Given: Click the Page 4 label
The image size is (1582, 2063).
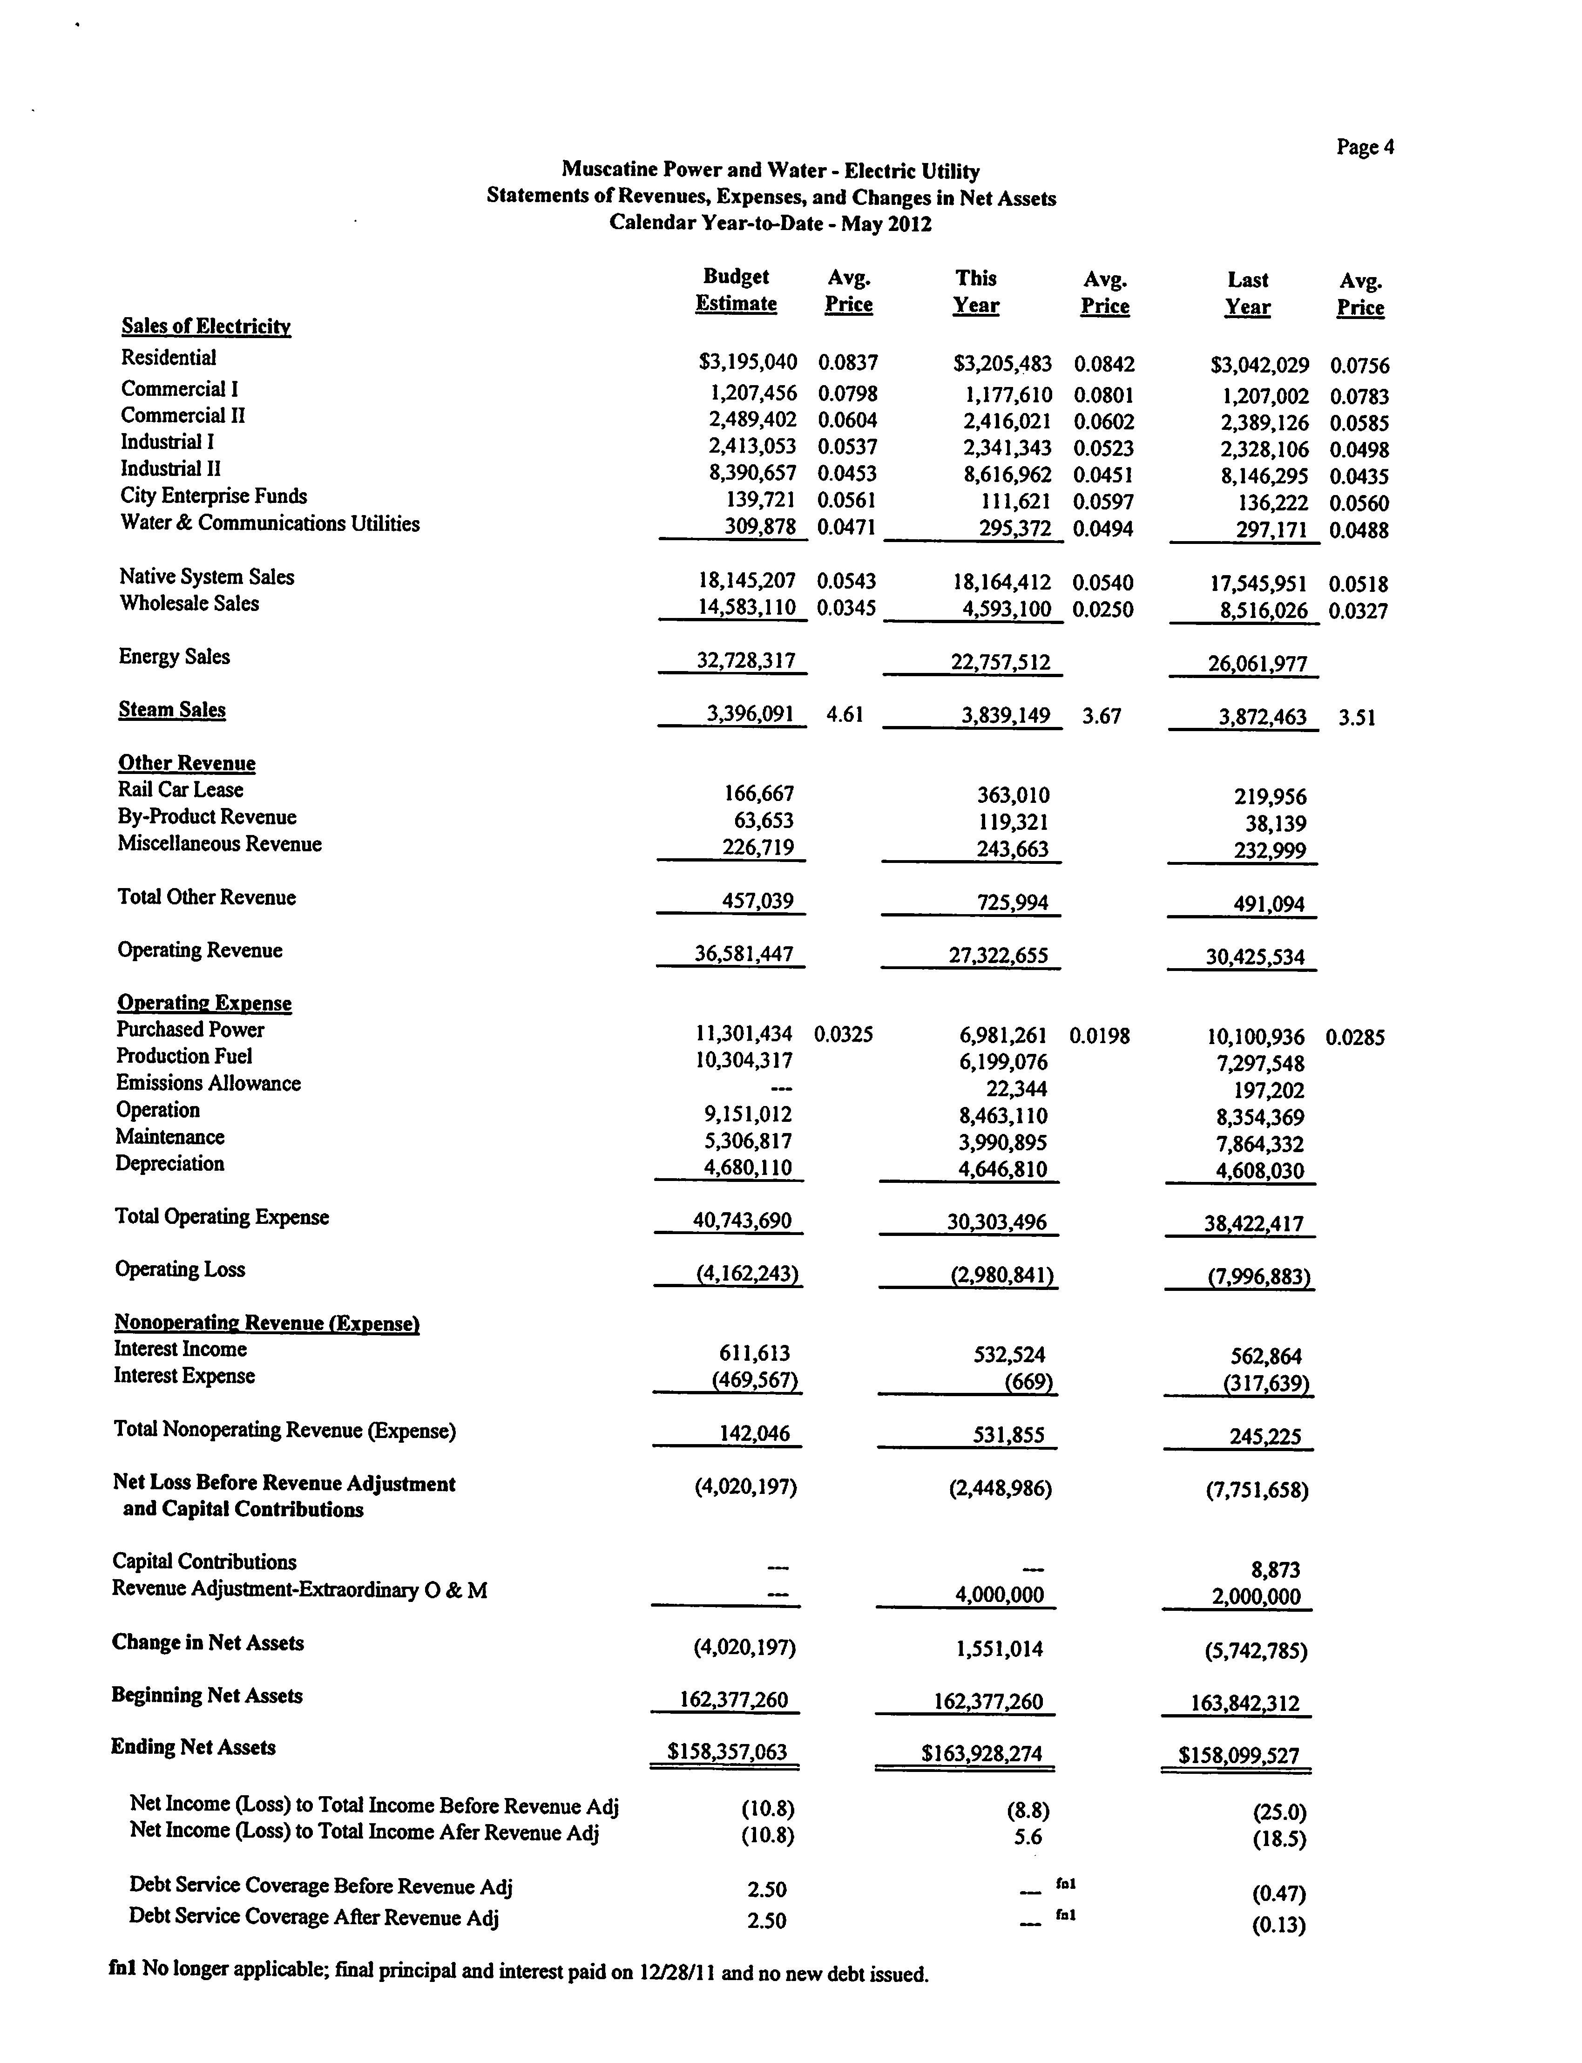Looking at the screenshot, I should [x=1365, y=147].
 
